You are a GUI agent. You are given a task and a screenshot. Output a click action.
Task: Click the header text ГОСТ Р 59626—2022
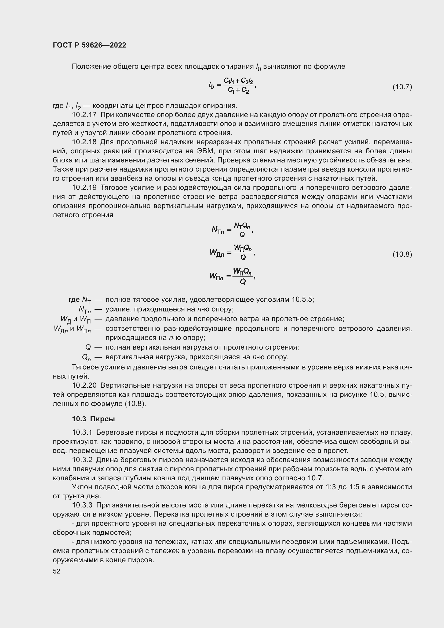[89, 45]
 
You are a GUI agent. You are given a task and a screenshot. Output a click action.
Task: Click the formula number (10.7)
[402, 87]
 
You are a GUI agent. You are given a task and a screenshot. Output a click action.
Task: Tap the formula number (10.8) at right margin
[402, 254]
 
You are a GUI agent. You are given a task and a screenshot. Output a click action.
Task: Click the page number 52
[57, 571]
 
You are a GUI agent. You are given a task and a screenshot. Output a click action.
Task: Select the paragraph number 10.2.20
[84, 386]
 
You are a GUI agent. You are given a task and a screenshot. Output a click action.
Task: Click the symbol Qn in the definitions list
[87, 357]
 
